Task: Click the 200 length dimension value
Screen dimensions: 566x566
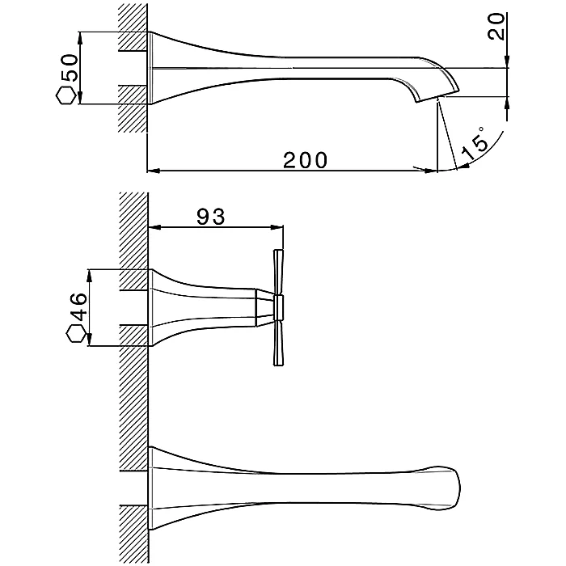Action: pyautogui.click(x=305, y=159)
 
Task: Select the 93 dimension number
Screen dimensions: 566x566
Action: pyautogui.click(x=210, y=216)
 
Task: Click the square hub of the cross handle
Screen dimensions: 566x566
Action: pyautogui.click(x=280, y=306)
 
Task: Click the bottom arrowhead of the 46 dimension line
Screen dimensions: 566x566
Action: pyautogui.click(x=90, y=341)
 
